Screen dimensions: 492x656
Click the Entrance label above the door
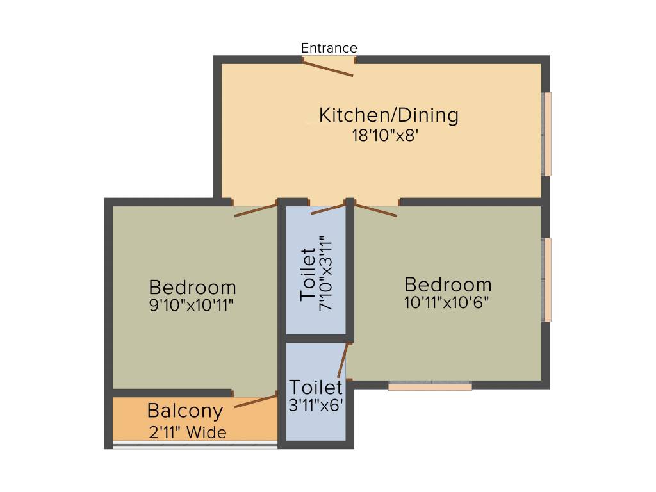(329, 48)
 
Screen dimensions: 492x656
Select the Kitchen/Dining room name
(389, 115)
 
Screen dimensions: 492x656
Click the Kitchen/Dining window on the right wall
(547, 134)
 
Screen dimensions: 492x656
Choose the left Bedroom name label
(192, 286)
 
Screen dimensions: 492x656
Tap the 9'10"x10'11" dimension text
(191, 305)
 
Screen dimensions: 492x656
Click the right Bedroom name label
(448, 284)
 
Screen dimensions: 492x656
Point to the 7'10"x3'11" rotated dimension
(327, 273)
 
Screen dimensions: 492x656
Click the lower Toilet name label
(316, 387)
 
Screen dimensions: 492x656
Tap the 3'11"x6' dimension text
(315, 405)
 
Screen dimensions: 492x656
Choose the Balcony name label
(185, 410)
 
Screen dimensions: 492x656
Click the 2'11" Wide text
(188, 432)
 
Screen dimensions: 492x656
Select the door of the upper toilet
(328, 209)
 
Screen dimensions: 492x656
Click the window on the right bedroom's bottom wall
(430, 386)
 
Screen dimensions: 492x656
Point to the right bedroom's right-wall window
(547, 279)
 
